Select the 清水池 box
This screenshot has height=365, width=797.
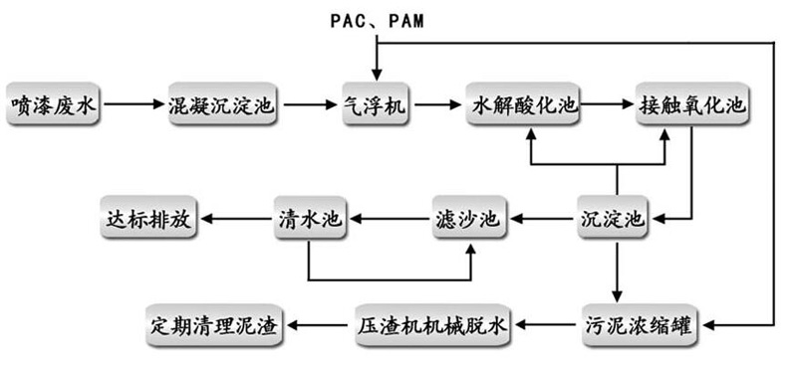tap(310, 217)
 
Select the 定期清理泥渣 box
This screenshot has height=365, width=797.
tap(214, 323)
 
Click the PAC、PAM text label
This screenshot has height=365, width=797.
tap(376, 20)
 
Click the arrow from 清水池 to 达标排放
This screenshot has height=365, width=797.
tap(235, 217)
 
